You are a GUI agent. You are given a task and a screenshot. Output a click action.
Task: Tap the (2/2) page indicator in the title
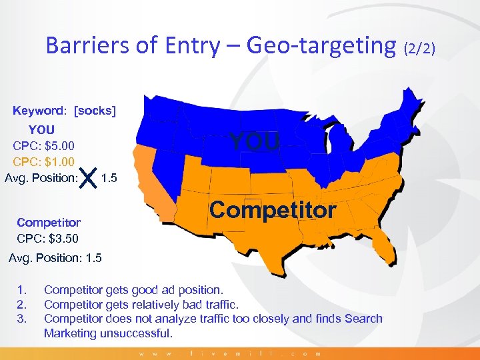point(419,47)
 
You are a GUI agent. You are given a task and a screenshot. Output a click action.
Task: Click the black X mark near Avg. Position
point(89,178)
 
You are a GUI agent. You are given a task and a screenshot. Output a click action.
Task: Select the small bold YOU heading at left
point(41,129)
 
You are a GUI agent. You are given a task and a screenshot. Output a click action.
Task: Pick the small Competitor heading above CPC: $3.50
point(49,223)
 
